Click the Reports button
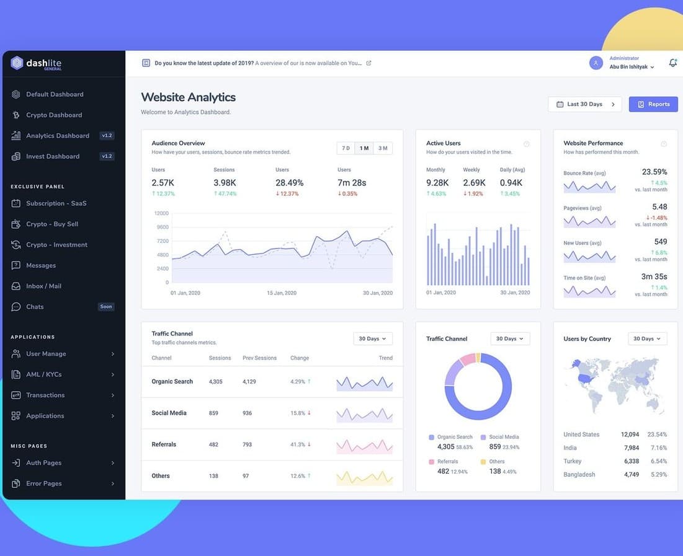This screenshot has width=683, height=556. point(653,104)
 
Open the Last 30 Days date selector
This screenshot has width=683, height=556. point(584,104)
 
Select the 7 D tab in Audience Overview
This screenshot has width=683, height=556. point(346,148)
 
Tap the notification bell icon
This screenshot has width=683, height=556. point(673,63)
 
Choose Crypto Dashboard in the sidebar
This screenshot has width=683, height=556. point(54,115)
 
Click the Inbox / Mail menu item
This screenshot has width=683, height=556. point(43,286)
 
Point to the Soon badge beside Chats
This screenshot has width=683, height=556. point(106,307)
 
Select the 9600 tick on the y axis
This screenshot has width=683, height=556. point(163,227)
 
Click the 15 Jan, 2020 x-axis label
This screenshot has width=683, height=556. point(282,293)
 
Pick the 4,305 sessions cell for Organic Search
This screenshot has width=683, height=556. point(216,381)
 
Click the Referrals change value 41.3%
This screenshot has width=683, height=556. point(298,444)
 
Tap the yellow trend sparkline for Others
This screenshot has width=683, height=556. point(365,478)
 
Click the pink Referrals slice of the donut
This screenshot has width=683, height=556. point(467,360)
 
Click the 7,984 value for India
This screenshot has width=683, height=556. point(631,448)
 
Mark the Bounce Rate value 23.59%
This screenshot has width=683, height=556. point(654,172)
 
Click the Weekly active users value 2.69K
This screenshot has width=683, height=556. point(474,183)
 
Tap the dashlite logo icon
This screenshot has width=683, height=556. point(17,63)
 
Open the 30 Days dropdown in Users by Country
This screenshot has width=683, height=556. point(647,338)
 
